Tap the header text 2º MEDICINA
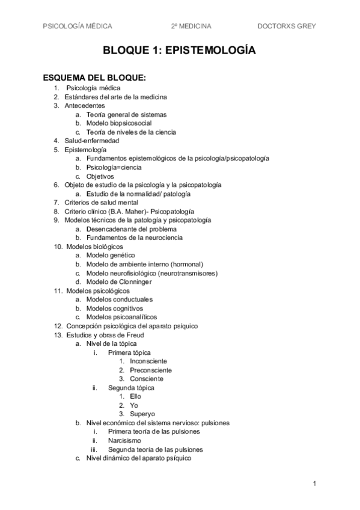click(x=191, y=26)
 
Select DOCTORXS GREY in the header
click(x=287, y=26)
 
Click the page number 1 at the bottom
click(x=314, y=484)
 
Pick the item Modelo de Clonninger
click(x=119, y=281)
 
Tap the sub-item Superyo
click(x=142, y=414)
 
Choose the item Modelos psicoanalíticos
click(x=121, y=317)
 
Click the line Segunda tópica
click(x=131, y=388)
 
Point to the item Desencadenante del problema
click(x=132, y=229)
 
